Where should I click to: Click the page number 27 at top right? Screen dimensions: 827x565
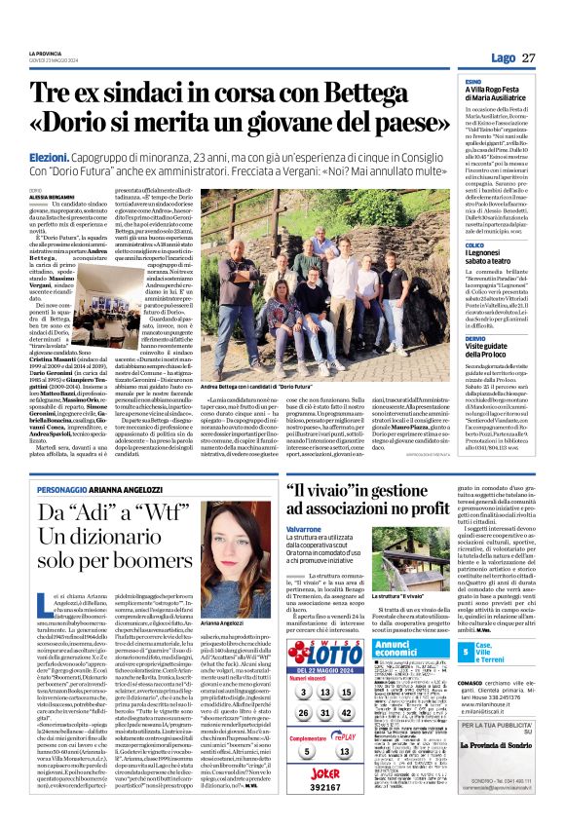(529, 58)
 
